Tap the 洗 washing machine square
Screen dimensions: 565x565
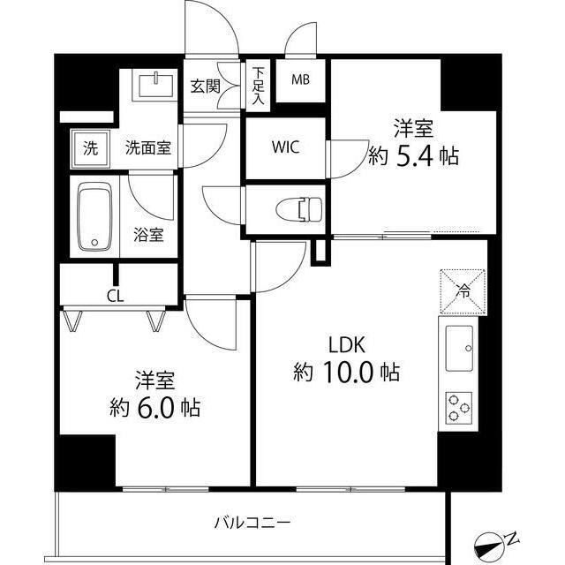pyautogui.click(x=91, y=148)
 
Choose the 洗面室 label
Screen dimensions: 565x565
pyautogui.click(x=147, y=148)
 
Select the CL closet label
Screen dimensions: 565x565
pyautogui.click(x=115, y=296)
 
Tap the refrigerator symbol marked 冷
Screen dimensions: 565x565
pyautogui.click(x=463, y=288)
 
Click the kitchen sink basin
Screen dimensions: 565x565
pyautogui.click(x=459, y=349)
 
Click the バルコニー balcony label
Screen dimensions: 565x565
pyautogui.click(x=252, y=522)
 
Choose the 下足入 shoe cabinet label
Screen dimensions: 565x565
pyautogui.click(x=258, y=85)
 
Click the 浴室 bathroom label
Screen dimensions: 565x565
pyautogui.click(x=148, y=235)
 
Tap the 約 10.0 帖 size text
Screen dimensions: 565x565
pyautogui.click(x=346, y=373)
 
